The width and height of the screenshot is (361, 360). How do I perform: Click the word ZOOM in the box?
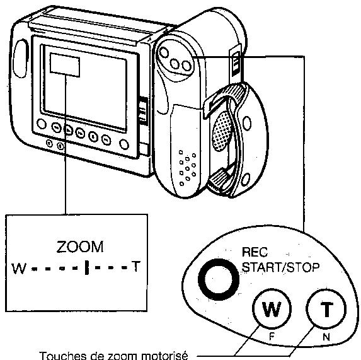click(x=80, y=247)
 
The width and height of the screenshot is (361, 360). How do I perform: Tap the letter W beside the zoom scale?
click(x=20, y=269)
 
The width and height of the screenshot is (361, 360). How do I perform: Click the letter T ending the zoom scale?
click(x=135, y=266)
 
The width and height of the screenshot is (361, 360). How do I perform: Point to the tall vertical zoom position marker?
click(x=86, y=267)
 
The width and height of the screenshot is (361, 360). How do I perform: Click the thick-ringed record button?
click(x=218, y=279)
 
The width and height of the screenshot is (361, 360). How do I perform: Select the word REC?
click(x=255, y=252)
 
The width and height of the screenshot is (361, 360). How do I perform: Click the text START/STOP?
click(x=281, y=267)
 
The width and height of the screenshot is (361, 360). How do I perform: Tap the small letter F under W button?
click(x=272, y=337)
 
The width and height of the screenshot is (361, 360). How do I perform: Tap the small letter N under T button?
click(x=326, y=337)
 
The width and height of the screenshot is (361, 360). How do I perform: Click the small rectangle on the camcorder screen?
click(x=65, y=65)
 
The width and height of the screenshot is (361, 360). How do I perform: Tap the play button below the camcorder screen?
click(x=68, y=131)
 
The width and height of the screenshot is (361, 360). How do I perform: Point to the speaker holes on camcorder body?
click(x=187, y=168)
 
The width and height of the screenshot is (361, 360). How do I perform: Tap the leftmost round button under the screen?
click(x=42, y=124)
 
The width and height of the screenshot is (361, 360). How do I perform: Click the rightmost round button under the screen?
click(x=124, y=144)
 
